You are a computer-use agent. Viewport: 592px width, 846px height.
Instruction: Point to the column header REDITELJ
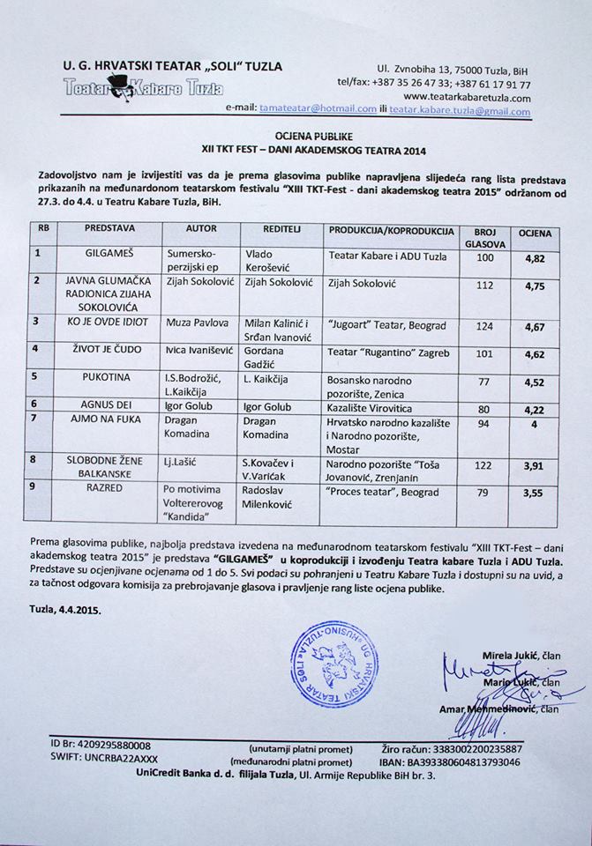coord(261,229)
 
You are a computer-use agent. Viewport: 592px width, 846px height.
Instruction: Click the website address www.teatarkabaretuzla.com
coord(467,97)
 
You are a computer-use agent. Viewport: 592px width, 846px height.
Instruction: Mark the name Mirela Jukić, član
coord(521,656)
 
